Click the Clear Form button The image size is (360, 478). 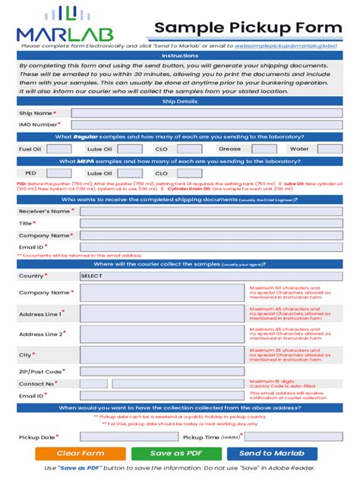[x=81, y=453]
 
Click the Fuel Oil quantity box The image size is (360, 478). [x=59, y=149]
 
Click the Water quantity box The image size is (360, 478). [x=328, y=149]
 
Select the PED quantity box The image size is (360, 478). [x=59, y=173]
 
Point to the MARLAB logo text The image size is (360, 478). [x=68, y=33]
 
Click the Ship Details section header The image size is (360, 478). [x=180, y=101]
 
